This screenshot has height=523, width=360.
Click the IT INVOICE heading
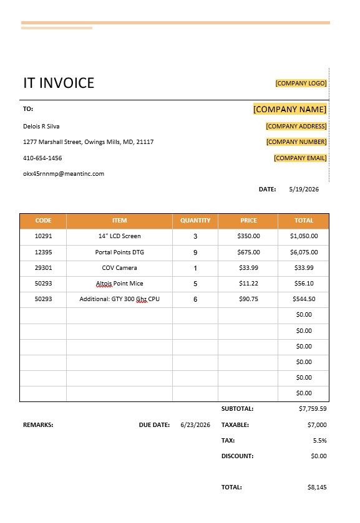point(59,83)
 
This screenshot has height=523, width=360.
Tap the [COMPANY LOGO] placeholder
point(301,83)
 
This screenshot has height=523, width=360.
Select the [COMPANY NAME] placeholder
point(289,109)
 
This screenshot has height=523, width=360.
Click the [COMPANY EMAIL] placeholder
point(300,158)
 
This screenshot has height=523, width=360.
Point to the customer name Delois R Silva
point(41,126)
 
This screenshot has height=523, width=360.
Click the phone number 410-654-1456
point(42,158)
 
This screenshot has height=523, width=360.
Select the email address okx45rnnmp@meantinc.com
point(64,174)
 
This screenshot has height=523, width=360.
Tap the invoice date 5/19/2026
point(304,190)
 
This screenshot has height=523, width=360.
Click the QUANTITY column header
point(195,221)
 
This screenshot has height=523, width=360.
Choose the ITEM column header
point(119,221)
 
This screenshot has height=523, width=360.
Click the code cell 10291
point(43,236)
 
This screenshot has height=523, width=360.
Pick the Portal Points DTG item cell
point(119,252)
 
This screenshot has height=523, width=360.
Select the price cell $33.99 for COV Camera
point(248,268)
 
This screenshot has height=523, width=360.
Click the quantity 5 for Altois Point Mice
point(195,284)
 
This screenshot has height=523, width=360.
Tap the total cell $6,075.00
point(304,252)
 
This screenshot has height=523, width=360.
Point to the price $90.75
point(248,299)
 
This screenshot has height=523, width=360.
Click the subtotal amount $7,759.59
point(313,409)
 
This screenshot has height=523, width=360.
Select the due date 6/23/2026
point(195,425)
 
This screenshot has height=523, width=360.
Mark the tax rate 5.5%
point(319,440)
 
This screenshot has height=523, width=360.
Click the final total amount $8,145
point(317,487)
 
